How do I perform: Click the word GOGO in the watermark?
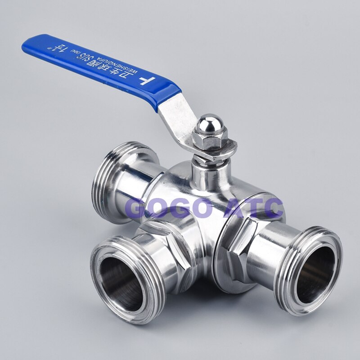169,208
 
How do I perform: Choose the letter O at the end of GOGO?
201,208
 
